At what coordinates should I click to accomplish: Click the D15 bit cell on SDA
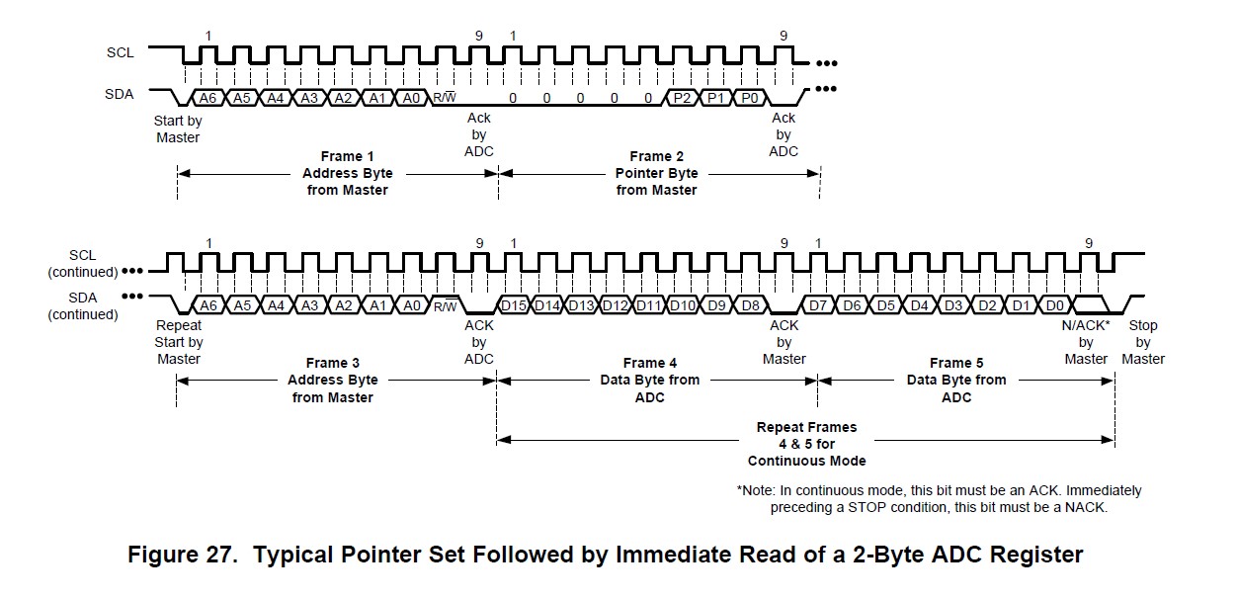[x=515, y=305]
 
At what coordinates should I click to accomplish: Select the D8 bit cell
[x=750, y=305]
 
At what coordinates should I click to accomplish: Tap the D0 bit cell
[x=1055, y=305]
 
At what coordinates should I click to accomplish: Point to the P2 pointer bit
[x=682, y=98]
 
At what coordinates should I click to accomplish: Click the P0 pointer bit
[x=750, y=98]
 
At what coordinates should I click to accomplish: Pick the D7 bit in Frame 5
[x=819, y=305]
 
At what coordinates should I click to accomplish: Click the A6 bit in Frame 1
[x=206, y=98]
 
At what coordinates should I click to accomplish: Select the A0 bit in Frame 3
[x=411, y=305]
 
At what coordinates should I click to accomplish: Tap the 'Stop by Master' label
[x=1143, y=342]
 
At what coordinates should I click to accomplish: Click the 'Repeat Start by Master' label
[x=180, y=342]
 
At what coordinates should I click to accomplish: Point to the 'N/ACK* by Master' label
[x=1086, y=342]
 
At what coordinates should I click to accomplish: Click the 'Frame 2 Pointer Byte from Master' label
[x=657, y=173]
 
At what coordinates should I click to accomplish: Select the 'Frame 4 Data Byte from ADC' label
[x=650, y=381]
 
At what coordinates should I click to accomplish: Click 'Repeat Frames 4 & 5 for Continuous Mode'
[x=806, y=444]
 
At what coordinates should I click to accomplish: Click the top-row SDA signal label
[x=121, y=95]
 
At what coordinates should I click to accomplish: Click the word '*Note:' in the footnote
[x=757, y=490]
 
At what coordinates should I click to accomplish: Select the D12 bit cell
[x=616, y=305]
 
